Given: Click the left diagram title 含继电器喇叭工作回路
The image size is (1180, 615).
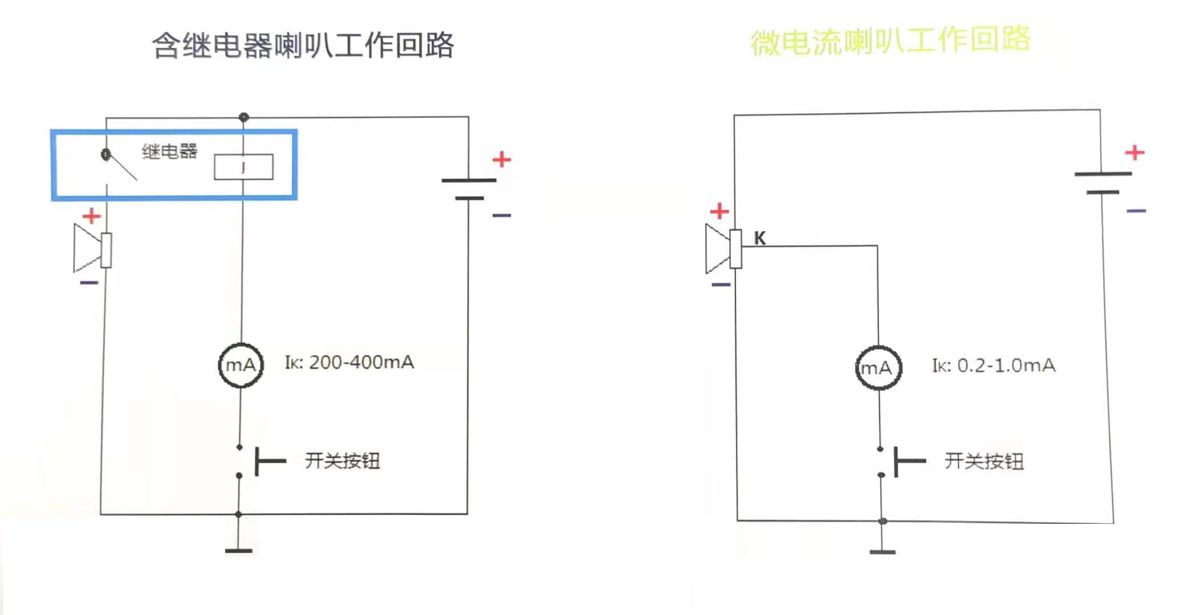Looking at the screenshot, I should tap(303, 46).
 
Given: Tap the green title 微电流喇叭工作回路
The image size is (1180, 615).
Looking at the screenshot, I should tap(890, 41).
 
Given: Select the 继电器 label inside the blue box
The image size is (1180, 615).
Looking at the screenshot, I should tap(169, 151).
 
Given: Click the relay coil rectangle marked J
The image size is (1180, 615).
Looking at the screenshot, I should tap(243, 167).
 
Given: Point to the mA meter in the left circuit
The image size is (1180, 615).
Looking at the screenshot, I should tap(241, 365).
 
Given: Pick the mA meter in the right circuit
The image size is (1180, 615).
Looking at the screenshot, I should tap(878, 368).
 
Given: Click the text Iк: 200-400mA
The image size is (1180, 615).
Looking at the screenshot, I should tap(349, 363).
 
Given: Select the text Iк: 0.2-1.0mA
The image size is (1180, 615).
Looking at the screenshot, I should tap(994, 366).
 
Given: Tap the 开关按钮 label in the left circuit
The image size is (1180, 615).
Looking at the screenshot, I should tap(342, 460).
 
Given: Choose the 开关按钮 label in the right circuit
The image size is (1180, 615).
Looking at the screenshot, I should tap(984, 461).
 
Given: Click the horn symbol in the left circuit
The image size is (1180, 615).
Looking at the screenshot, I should tap(92, 249).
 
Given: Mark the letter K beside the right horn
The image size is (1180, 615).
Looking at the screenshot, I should tap(759, 238).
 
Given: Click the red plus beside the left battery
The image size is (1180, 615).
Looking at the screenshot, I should tap(502, 159).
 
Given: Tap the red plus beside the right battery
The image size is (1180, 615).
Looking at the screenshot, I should tap(1134, 153).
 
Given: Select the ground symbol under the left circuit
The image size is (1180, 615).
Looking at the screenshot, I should tap(239, 550).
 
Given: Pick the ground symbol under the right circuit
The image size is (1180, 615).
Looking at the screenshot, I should tap(882, 551).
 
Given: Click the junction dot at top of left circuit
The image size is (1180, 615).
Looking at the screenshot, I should tap(244, 117).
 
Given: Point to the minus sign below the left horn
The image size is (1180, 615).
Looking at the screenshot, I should tap(89, 282).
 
